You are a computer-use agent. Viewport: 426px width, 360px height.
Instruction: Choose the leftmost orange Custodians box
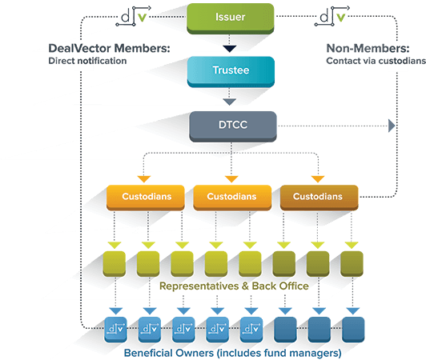pos(143,196)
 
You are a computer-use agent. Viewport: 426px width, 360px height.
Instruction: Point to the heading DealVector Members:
pos(109,48)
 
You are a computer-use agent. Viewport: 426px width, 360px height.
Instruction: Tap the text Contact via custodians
pos(376,61)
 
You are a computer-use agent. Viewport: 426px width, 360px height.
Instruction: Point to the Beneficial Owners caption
pos(232,352)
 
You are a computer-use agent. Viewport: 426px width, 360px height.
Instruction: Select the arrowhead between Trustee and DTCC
pos(230,102)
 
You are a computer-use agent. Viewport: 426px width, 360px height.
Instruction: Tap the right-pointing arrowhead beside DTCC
pos(391,125)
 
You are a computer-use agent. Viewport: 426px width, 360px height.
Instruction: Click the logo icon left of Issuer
pos(133,16)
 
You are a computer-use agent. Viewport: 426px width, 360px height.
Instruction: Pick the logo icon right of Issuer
pos(330,16)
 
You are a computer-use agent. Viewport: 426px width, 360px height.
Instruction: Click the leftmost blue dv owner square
pos(116,328)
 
